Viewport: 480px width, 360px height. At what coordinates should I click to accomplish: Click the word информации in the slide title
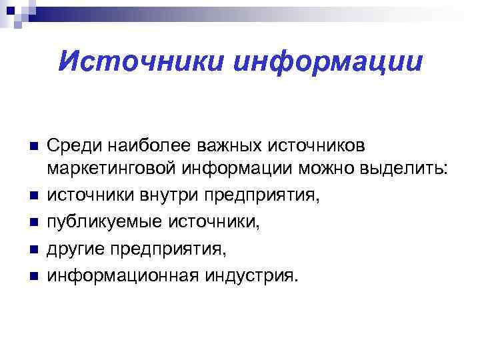[x=328, y=63]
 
